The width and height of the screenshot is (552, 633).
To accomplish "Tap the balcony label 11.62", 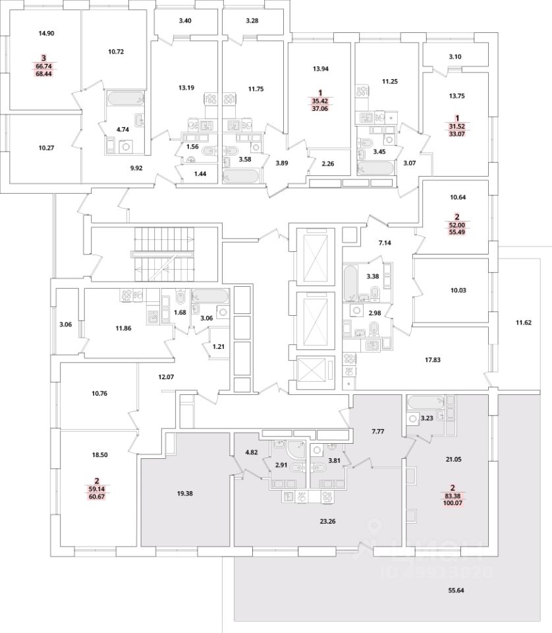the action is (524, 322).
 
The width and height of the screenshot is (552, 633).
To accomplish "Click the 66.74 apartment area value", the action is (45, 66).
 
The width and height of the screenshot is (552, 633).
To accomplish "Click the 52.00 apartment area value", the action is (455, 225).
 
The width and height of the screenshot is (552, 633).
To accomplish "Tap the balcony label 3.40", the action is (185, 21).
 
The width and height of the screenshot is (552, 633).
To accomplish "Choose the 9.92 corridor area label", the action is (137, 168).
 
